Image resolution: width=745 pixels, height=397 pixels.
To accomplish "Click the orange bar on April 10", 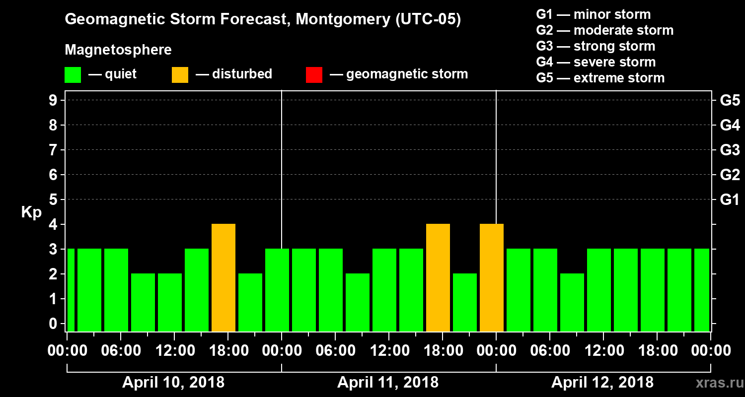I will tap(223, 277).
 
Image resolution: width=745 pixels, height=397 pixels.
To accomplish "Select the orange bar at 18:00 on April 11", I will tap(438, 277).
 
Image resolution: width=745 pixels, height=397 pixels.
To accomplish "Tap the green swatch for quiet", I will tap(73, 75).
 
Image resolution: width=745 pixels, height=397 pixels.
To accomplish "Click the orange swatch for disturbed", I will tap(180, 75).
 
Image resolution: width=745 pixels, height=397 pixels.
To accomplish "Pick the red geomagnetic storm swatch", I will tap(314, 75).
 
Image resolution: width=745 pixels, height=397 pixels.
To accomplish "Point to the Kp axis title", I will tap(31, 212).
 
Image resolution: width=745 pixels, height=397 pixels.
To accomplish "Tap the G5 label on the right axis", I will tap(730, 100).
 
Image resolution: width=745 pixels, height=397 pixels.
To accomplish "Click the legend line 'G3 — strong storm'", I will tap(596, 46).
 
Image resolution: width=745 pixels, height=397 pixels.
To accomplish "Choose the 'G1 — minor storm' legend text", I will tap(593, 14).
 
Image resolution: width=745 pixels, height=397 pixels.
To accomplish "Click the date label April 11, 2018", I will tap(388, 383).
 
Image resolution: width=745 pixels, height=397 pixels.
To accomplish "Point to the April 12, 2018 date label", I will tap(602, 383).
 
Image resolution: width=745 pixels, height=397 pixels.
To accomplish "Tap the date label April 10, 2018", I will tap(173, 383).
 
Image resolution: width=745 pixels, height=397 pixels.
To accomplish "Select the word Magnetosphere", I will tap(118, 50).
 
